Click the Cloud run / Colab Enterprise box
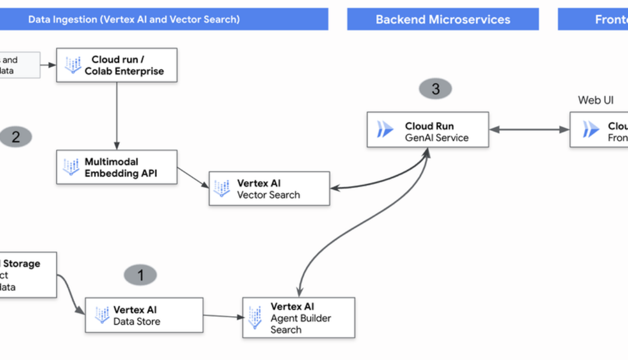coord(116,65)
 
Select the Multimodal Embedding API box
coord(116,167)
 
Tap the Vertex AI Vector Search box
coord(269,189)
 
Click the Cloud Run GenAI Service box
coord(428,130)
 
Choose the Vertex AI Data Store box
coord(143,315)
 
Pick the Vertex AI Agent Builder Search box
coord(298,318)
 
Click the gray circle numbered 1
coord(140,275)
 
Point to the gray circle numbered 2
coord(16,137)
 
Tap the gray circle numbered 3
coord(435,89)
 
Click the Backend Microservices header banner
coord(443,19)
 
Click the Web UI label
coord(596,100)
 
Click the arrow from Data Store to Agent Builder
coord(223,316)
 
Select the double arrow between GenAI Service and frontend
coord(529,129)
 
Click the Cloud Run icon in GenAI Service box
coord(385,130)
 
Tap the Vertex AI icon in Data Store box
coord(102,315)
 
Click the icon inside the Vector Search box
coord(221,189)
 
